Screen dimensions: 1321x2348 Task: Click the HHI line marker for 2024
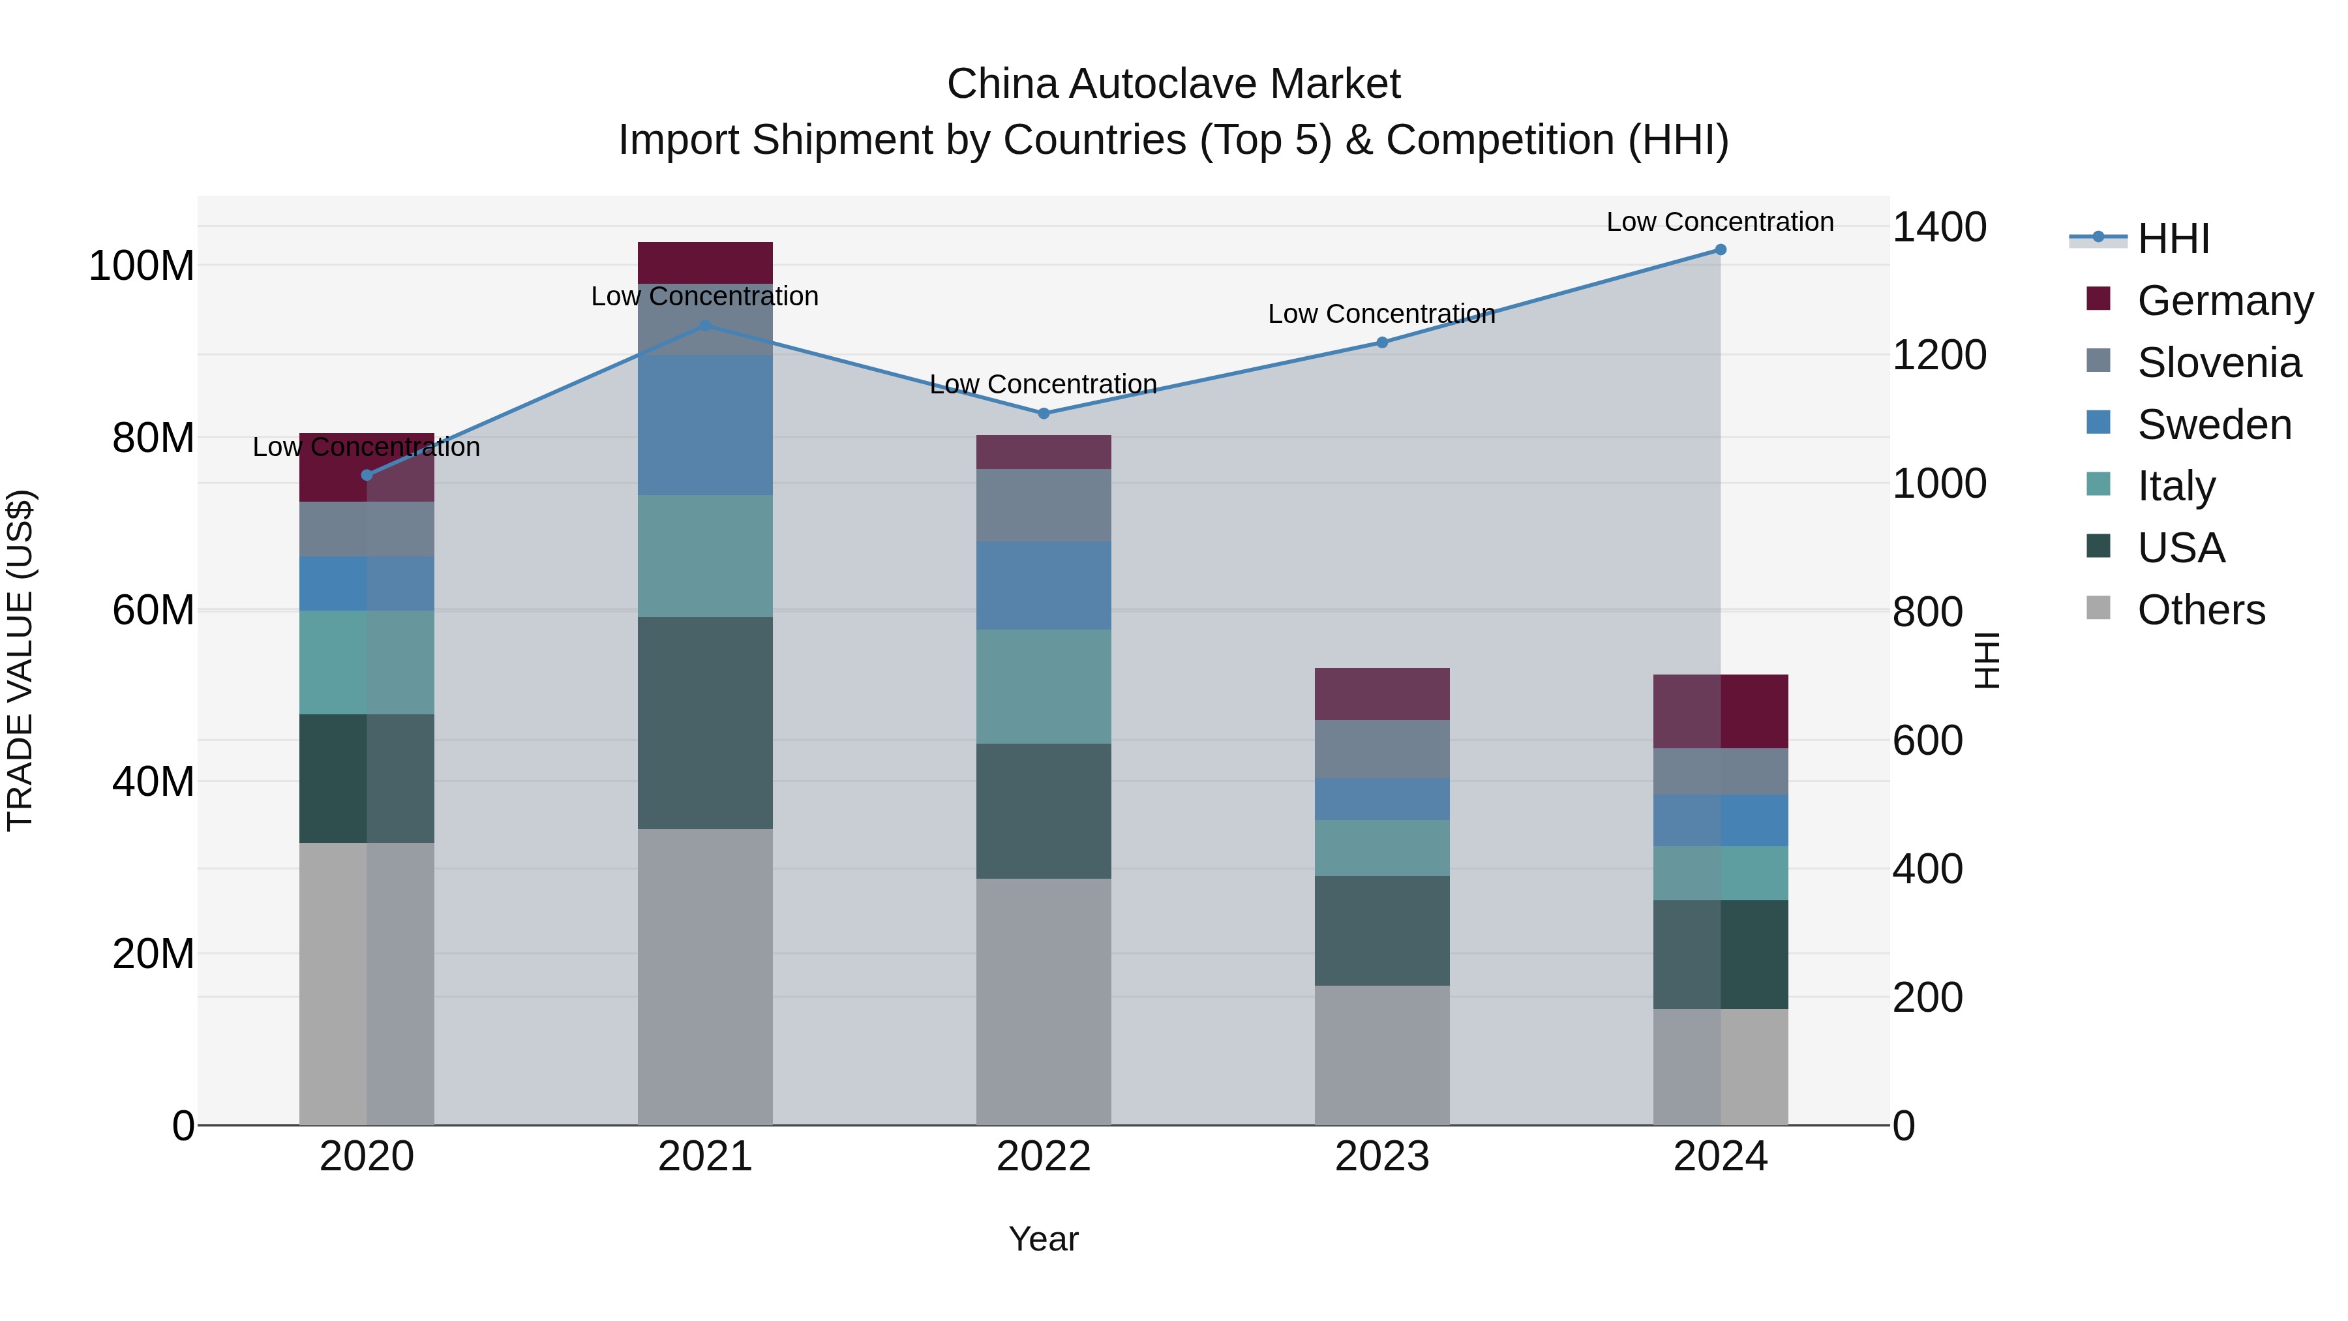pyautogui.click(x=1720, y=250)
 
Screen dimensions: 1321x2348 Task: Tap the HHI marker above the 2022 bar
pyautogui.click(x=1044, y=413)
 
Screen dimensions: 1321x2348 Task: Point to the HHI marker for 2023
pyautogui.click(x=1382, y=342)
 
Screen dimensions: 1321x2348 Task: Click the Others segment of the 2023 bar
pyautogui.click(x=1382, y=1055)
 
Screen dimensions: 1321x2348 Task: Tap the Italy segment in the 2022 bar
pyautogui.click(x=1044, y=686)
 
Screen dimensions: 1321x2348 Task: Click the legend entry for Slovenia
pyautogui.click(x=2219, y=363)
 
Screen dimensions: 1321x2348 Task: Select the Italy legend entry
pyautogui.click(x=2176, y=486)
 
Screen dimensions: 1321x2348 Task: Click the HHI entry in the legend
pyautogui.click(x=2173, y=239)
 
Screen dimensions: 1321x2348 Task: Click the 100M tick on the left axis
pyautogui.click(x=142, y=266)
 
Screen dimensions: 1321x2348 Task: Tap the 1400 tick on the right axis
pyautogui.click(x=1939, y=227)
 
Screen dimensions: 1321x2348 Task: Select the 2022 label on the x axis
pyautogui.click(x=1044, y=1157)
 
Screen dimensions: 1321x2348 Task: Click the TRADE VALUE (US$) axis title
pyautogui.click(x=20, y=660)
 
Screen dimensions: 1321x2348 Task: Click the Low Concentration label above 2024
pyautogui.click(x=1720, y=222)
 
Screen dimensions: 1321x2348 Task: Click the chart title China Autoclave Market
pyautogui.click(x=1173, y=84)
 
